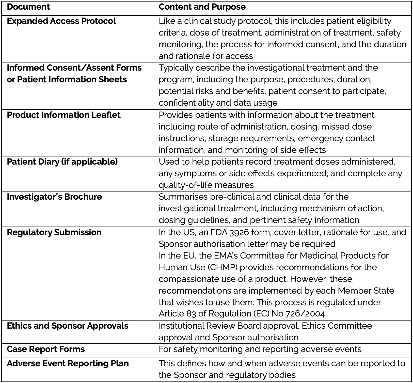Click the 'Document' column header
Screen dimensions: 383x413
pos(28,7)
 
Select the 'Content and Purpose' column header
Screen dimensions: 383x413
pos(202,7)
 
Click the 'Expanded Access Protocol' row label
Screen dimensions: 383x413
pos(61,21)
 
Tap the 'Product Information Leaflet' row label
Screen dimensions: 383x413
pos(63,115)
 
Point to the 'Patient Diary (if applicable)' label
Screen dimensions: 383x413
pos(62,162)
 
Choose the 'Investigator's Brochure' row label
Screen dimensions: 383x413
pos(54,197)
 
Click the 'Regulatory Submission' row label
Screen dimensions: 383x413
pos(54,232)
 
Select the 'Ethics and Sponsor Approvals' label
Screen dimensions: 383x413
pos(68,326)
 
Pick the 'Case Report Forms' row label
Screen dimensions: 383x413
pos(46,349)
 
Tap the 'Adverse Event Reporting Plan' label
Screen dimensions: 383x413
pos(68,363)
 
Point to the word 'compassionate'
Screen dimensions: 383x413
pos(188,279)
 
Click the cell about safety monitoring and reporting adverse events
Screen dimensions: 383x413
pos(260,349)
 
